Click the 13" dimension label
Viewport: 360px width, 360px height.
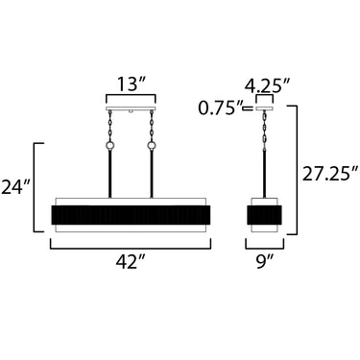click(131, 84)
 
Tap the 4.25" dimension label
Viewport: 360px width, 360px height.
click(267, 85)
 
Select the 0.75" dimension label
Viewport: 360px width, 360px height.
click(221, 108)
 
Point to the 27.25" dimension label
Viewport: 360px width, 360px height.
click(329, 175)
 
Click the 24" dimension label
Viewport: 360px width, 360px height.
click(16, 187)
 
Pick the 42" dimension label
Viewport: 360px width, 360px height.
click(131, 262)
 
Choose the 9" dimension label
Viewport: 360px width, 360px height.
click(265, 262)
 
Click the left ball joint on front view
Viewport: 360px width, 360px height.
click(110, 146)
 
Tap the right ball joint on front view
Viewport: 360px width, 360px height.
click(152, 146)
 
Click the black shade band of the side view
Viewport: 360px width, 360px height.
click(264, 215)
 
